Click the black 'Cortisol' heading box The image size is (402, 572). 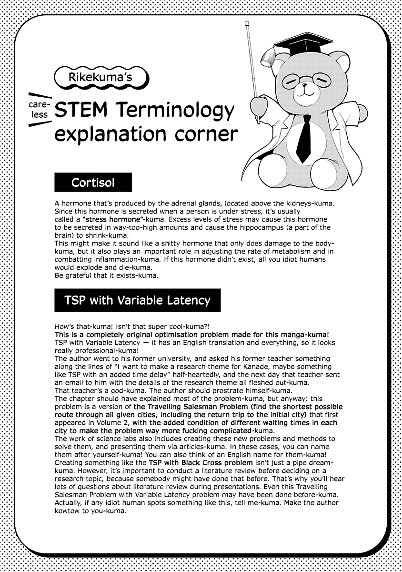click(93, 183)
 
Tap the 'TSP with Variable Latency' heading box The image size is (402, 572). click(138, 300)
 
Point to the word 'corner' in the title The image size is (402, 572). click(207, 134)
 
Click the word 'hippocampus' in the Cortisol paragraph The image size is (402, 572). click(256, 228)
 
